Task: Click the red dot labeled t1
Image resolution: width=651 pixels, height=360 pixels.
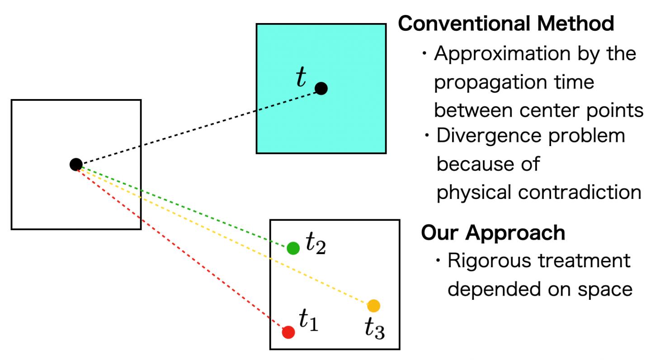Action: pos(288,332)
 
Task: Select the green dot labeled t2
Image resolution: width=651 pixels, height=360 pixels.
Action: pos(293,248)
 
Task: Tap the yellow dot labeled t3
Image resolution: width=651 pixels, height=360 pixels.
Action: pos(373,306)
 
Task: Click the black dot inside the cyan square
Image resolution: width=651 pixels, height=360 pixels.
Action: pos(321,89)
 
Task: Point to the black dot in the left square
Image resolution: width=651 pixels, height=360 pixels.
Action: pos(76,165)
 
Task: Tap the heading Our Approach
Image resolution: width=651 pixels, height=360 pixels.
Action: pos(493,233)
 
